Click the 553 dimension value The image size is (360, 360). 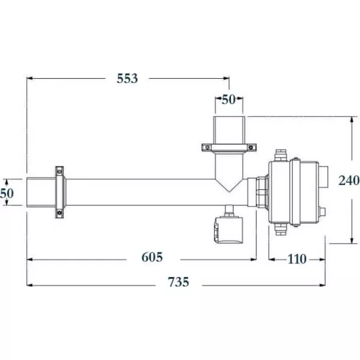(x=127, y=79)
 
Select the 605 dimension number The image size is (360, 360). (x=152, y=257)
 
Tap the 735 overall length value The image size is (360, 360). (x=179, y=282)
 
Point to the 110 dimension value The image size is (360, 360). (x=297, y=259)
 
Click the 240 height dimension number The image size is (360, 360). (x=349, y=180)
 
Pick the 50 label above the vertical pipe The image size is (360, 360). (x=229, y=100)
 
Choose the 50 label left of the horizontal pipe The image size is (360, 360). (x=7, y=193)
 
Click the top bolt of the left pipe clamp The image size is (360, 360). (x=60, y=171)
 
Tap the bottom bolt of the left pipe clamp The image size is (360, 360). (x=60, y=213)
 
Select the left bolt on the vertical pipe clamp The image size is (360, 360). (x=207, y=147)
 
